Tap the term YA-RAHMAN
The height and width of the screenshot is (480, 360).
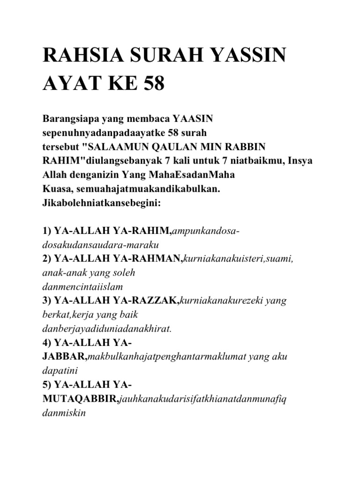click(x=150, y=258)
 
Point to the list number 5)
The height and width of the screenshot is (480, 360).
click(x=48, y=384)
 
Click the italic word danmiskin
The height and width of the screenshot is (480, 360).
click(x=62, y=414)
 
